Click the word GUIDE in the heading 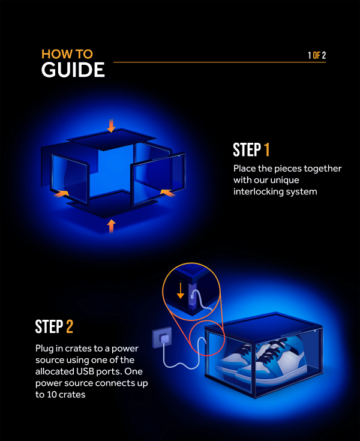[x=73, y=70]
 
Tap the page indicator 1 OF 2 [x=316, y=55]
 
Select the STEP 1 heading [x=251, y=149]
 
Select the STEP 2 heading [x=54, y=327]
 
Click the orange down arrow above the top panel [x=110, y=125]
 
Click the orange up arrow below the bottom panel [x=110, y=226]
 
